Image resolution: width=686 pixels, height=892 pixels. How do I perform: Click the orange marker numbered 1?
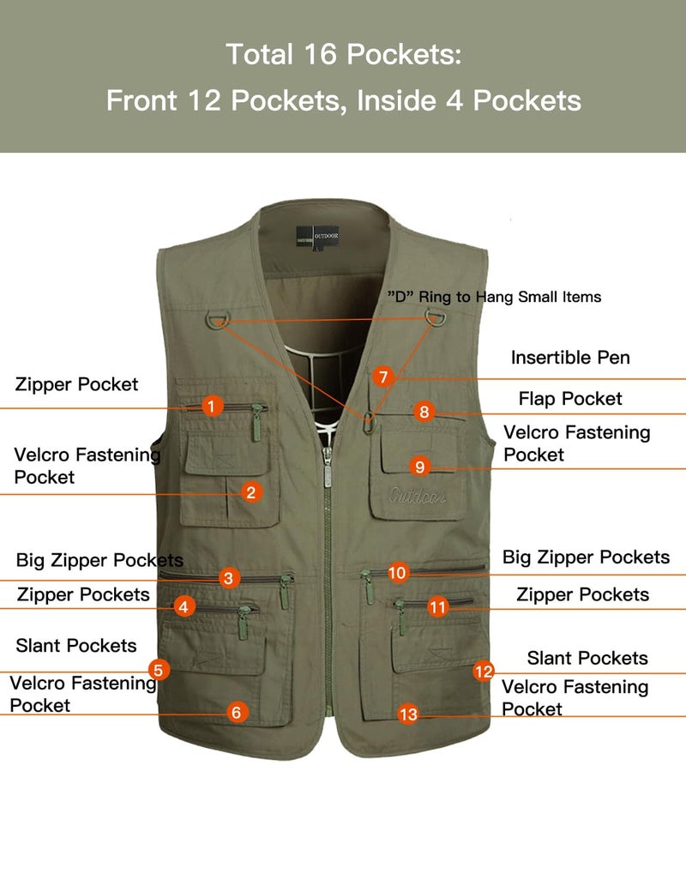click(213, 406)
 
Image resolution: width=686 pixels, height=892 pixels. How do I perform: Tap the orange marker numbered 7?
click(383, 377)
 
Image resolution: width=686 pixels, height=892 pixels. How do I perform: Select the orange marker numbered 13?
click(409, 713)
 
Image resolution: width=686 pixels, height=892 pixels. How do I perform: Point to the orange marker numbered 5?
click(158, 669)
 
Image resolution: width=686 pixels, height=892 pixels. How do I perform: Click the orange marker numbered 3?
click(227, 577)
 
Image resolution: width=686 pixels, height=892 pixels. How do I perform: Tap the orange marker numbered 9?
click(419, 467)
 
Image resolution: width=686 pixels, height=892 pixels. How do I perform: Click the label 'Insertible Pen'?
click(570, 358)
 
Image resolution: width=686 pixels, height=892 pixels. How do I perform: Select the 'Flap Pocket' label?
click(570, 399)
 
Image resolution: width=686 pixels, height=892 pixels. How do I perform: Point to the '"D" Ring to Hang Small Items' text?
click(495, 297)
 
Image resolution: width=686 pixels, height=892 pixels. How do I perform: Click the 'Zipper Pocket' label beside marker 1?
click(76, 384)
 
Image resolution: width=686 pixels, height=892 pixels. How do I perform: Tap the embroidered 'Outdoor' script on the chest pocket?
click(417, 496)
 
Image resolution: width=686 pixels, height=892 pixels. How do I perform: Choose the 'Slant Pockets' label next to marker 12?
click(587, 658)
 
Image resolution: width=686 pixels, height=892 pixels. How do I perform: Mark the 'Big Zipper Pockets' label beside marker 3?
click(99, 561)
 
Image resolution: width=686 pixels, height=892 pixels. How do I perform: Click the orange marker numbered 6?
click(238, 712)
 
